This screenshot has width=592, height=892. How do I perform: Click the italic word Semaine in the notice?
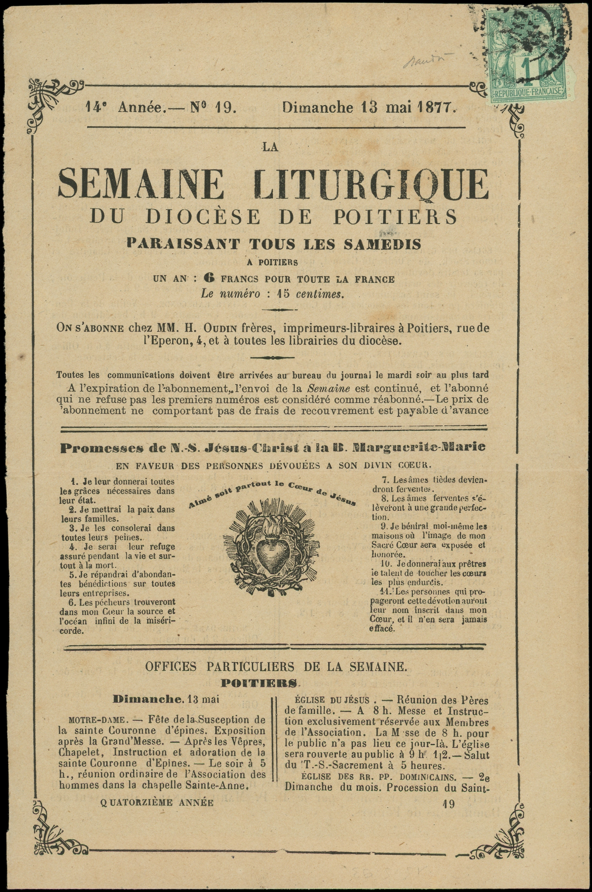click(329, 388)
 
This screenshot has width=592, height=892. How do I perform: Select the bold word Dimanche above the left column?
click(148, 699)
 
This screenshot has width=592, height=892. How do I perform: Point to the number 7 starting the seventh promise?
click(386, 480)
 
